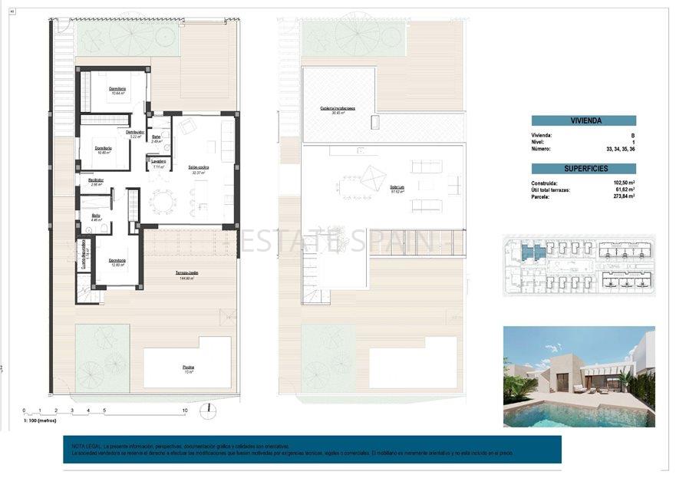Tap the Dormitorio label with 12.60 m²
pyautogui.click(x=117, y=260)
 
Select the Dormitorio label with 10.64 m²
pyautogui.click(x=117, y=90)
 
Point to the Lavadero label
pyautogui.click(x=158, y=162)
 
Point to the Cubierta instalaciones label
pyautogui.click(x=338, y=108)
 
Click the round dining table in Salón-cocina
pyautogui.click(x=162, y=203)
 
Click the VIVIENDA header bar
pyautogui.click(x=583, y=120)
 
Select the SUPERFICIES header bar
pyautogui.click(x=583, y=168)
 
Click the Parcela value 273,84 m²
pyautogui.click(x=625, y=196)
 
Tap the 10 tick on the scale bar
pyautogui.click(x=184, y=410)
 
